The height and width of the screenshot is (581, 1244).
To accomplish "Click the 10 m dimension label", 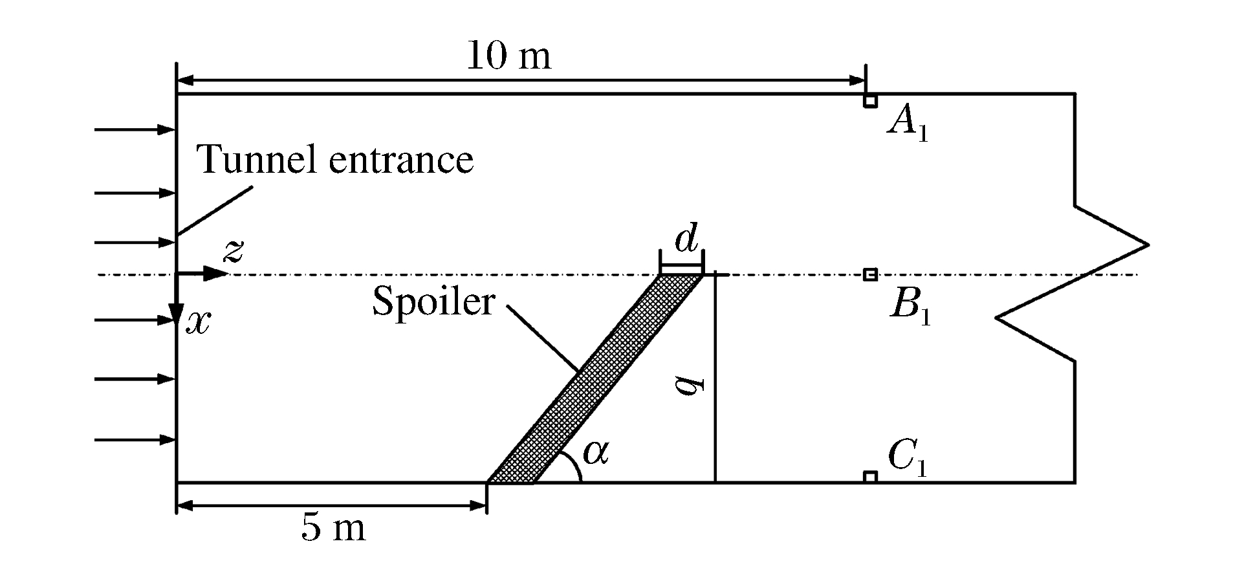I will click(508, 56).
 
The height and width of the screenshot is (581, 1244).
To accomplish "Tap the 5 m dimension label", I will click(333, 528).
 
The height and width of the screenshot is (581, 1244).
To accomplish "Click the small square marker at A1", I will click(870, 101).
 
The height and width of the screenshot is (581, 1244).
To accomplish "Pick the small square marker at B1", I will click(870, 275).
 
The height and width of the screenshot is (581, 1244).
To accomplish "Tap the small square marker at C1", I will click(870, 477).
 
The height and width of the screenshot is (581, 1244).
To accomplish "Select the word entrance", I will click(401, 160).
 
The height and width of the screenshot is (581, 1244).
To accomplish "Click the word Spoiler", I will click(433, 301).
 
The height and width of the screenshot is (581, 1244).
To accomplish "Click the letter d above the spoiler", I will click(686, 240).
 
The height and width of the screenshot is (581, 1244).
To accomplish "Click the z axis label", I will click(233, 251).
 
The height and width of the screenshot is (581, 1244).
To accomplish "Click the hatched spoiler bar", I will click(595, 378).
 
